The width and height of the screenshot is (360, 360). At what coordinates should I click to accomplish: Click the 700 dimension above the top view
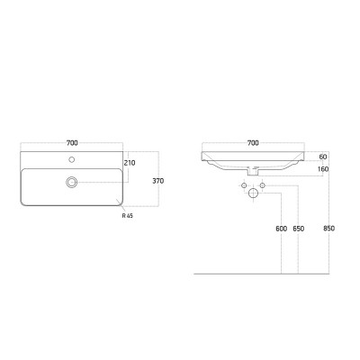[x=72, y=143]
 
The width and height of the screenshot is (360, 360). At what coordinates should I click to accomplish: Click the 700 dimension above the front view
[x=253, y=143]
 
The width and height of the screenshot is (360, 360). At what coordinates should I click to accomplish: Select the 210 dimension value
[x=130, y=163]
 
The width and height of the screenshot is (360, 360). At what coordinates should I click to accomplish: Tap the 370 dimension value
[x=158, y=181]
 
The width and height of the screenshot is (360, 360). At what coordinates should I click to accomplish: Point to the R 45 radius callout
[x=128, y=215]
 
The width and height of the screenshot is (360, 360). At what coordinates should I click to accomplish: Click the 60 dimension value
[x=323, y=157]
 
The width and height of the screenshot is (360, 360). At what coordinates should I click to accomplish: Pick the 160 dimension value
[x=323, y=169]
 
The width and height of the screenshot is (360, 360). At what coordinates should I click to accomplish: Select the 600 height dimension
[x=282, y=229]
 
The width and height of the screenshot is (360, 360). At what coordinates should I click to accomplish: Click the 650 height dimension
[x=298, y=229]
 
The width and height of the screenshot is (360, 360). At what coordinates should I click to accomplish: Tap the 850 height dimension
[x=329, y=229]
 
